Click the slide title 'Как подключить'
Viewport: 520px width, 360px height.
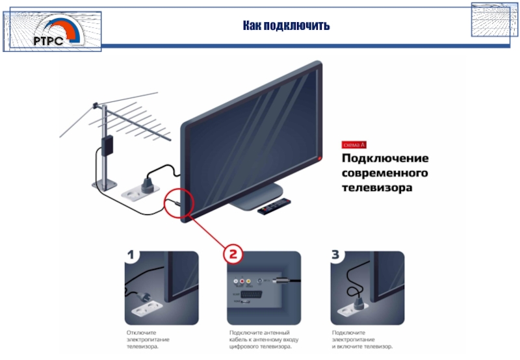(x=287, y=26)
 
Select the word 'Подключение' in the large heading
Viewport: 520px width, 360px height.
(x=385, y=159)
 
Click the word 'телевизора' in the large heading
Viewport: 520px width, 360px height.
(x=378, y=188)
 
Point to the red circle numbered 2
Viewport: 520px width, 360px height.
(x=233, y=252)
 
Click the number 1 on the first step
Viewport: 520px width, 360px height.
(x=132, y=257)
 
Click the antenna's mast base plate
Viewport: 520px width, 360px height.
(x=104, y=184)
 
